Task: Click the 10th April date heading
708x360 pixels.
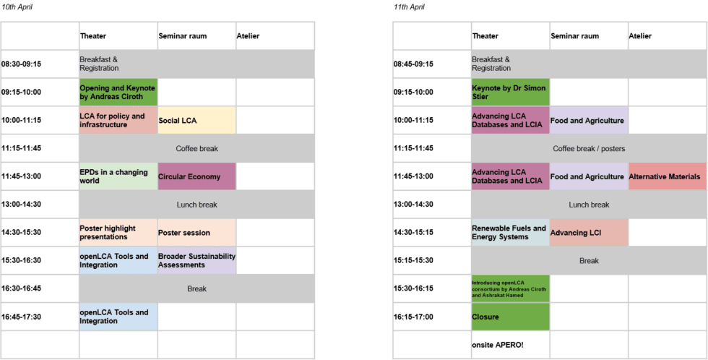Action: coord(17,7)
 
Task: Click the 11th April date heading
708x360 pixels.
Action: coord(409,7)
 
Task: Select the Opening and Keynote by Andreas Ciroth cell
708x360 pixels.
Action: coord(118,92)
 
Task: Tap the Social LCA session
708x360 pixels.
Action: coord(197,120)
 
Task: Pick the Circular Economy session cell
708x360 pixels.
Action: coord(197,176)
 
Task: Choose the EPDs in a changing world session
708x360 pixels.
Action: coord(118,176)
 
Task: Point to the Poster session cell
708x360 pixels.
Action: coord(197,233)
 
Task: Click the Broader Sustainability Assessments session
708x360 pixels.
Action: coord(197,261)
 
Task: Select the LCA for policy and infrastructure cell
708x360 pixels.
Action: coord(118,120)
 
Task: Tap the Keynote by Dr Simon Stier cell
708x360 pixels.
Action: coord(511,92)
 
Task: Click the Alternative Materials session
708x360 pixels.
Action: coord(668,176)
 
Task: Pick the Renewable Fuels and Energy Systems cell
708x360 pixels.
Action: coord(511,233)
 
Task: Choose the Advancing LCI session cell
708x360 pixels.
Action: coord(590,233)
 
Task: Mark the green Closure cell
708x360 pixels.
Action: coord(511,317)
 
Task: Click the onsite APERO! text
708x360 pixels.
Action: coord(498,345)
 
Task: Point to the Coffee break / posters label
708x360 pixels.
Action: coord(590,149)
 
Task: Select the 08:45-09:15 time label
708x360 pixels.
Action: coord(413,64)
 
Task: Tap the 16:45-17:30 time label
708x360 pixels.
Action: coord(21,317)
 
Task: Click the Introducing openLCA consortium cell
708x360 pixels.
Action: coord(511,288)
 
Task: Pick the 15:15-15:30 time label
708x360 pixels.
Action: coord(413,261)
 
